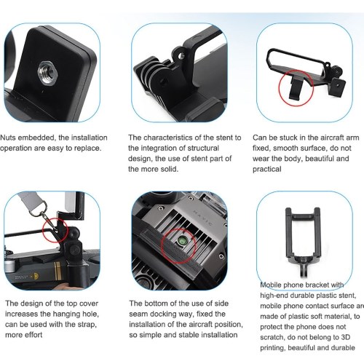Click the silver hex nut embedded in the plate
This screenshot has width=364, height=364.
[48, 72]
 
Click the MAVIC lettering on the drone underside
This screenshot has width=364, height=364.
[203, 218]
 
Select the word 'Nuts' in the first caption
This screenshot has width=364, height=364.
[8, 138]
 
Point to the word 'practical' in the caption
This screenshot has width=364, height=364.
[267, 169]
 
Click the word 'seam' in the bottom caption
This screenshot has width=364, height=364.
[138, 314]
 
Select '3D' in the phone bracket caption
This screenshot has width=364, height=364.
[345, 337]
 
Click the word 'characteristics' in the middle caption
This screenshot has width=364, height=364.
[168, 138]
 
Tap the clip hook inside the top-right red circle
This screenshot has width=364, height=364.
[296, 87]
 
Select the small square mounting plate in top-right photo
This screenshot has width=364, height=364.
[337, 87]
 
